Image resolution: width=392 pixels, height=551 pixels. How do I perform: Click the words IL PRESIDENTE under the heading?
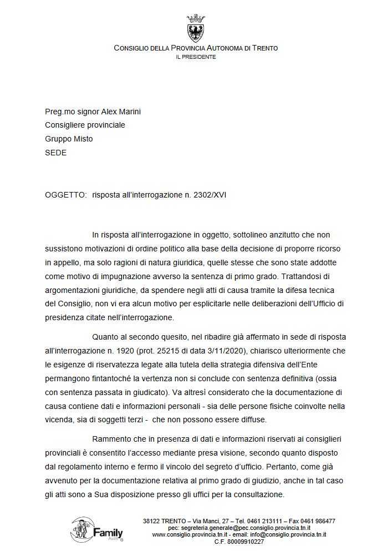[196, 57]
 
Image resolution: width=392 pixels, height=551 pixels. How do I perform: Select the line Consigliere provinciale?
[85, 125]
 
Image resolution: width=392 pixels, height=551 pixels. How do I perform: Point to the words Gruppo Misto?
[69, 139]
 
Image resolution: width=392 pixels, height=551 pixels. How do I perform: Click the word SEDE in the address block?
[55, 153]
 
